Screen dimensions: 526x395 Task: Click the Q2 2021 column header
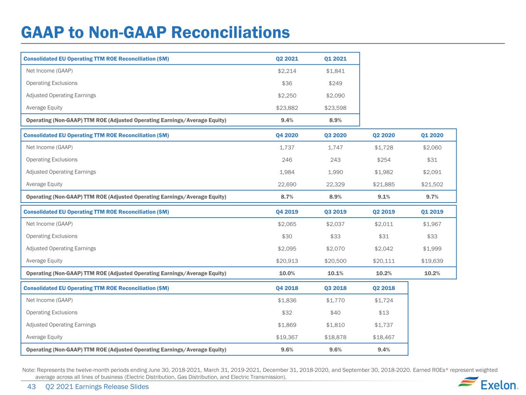click(287, 59)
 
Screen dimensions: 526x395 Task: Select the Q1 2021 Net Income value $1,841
click(335, 71)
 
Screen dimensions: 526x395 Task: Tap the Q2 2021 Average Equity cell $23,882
click(287, 108)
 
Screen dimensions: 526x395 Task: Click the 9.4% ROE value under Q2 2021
click(287, 120)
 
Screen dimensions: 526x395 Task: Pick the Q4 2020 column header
click(287, 135)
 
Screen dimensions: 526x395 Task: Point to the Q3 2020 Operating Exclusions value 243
click(335, 160)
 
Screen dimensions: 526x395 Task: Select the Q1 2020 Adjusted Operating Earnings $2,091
click(432, 172)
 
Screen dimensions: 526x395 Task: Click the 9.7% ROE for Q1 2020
click(432, 197)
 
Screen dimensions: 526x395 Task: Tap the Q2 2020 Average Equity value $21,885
click(383, 184)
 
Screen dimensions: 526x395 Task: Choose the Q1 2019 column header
click(432, 212)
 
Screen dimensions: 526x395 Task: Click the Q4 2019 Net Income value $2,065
click(287, 224)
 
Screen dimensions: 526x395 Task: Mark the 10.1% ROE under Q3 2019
click(335, 273)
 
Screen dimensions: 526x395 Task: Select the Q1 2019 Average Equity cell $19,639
click(432, 261)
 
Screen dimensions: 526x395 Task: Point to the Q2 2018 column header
click(383, 288)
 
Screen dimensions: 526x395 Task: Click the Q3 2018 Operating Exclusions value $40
click(335, 312)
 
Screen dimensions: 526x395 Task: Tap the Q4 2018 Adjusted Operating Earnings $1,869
click(287, 325)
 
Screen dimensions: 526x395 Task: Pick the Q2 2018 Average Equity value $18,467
click(383, 337)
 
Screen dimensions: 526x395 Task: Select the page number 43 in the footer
click(31, 387)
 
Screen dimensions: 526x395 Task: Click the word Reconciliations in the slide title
click(230, 32)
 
